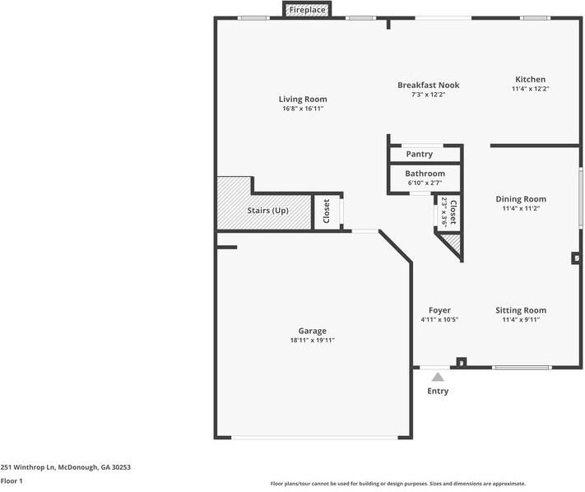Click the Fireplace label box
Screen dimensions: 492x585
307,10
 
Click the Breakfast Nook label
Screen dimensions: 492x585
428,85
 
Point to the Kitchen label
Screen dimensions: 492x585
530,79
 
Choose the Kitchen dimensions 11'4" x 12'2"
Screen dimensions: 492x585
530,89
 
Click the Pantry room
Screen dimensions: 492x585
420,154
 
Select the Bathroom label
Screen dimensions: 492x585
425,174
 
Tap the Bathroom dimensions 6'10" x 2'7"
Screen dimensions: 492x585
425,183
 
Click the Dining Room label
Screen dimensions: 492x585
520,198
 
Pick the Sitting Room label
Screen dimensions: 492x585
520,310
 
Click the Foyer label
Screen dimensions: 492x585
439,310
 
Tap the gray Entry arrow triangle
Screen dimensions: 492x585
438,376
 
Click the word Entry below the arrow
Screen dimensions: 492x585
438,391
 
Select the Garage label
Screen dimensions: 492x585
312,331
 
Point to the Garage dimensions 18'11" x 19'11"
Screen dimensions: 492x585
312,341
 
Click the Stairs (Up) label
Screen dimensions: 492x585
268,211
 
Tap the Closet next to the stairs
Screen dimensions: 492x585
327,211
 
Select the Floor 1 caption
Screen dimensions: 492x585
12,480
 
